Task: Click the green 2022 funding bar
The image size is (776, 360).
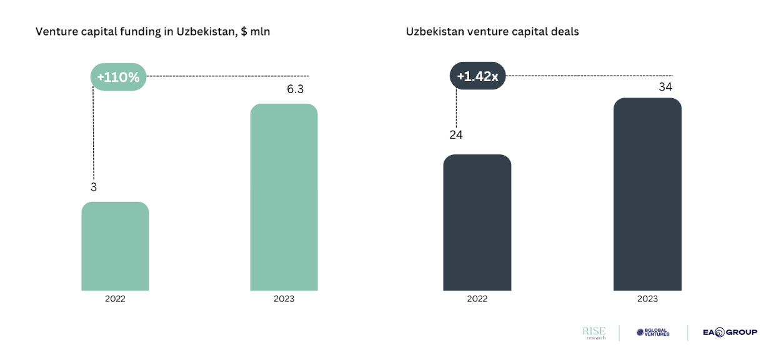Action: tap(115, 246)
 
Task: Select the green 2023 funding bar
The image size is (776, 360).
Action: tap(284, 197)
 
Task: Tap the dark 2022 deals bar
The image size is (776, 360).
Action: tap(477, 222)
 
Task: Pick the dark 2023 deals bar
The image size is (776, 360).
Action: tap(647, 194)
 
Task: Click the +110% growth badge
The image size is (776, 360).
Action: tap(119, 77)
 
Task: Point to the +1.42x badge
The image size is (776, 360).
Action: tap(477, 76)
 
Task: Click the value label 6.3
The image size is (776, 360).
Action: tap(295, 89)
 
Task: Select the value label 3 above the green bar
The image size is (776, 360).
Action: tap(94, 187)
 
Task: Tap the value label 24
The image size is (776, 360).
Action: tap(456, 134)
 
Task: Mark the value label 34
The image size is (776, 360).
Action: tap(665, 87)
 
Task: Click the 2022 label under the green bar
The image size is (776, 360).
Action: tap(115, 299)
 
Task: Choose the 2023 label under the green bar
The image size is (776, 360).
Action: tap(284, 299)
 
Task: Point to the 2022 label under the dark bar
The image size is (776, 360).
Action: tap(477, 299)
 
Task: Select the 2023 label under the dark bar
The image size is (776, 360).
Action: tap(647, 299)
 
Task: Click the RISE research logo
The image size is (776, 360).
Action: tap(594, 332)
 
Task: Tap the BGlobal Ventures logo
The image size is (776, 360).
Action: tap(653, 332)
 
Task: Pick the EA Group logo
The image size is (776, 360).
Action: tap(730, 332)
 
